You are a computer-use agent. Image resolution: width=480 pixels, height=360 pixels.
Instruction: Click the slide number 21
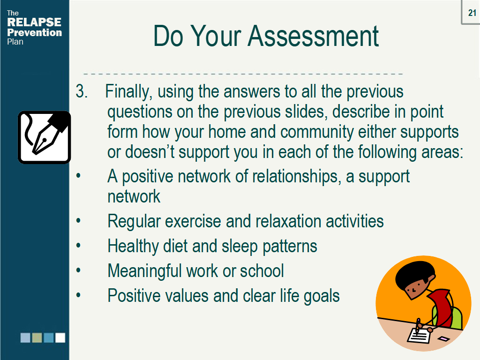coord(472,13)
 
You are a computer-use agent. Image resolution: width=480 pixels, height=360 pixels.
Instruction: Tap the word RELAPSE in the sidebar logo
coord(34,22)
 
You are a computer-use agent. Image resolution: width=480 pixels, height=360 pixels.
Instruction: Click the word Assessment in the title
coord(313,36)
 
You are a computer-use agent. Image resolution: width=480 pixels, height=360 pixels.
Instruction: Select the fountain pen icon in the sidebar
coord(45,137)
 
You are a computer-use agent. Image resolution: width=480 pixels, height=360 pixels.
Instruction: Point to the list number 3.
coord(82,91)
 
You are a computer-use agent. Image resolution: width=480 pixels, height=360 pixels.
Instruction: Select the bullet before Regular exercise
coord(78,220)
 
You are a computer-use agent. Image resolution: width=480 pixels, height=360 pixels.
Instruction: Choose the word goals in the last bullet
coord(322,296)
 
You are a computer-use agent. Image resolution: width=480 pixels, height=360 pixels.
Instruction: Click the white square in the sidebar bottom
coord(60,337)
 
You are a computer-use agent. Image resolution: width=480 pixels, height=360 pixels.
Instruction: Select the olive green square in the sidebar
coord(37,337)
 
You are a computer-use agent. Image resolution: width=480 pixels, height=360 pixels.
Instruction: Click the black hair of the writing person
coord(415,273)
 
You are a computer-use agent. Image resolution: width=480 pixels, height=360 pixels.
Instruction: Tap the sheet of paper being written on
coord(419,335)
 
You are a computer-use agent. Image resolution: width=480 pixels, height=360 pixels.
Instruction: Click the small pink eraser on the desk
coord(443,338)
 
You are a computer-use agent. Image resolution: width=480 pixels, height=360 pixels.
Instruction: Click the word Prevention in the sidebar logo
coord(34,32)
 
